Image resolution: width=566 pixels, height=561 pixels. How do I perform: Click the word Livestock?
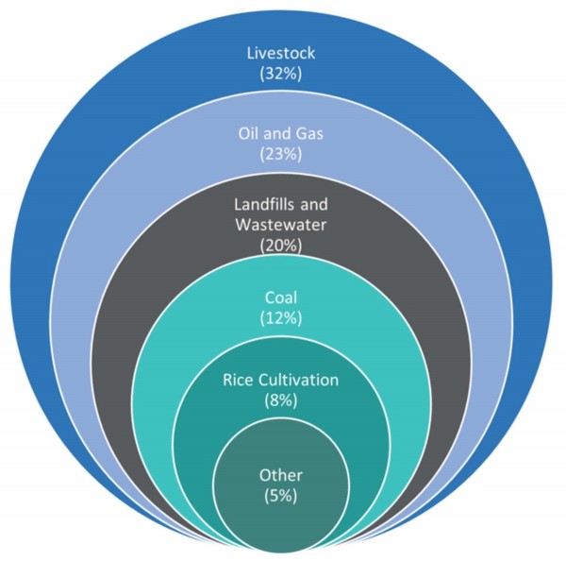click(281, 54)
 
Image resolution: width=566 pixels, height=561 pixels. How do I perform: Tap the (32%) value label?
click(281, 74)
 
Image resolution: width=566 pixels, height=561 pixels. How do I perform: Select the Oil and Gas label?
click(281, 133)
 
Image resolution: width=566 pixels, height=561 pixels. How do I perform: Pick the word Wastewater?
click(281, 227)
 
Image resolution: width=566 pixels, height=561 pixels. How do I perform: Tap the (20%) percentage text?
click(281, 246)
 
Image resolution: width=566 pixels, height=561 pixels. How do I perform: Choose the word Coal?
click(281, 298)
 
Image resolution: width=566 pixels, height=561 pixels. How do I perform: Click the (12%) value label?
click(281, 318)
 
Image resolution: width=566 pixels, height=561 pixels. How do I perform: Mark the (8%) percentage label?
click(281, 400)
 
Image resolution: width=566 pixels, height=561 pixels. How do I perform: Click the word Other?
click(281, 473)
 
